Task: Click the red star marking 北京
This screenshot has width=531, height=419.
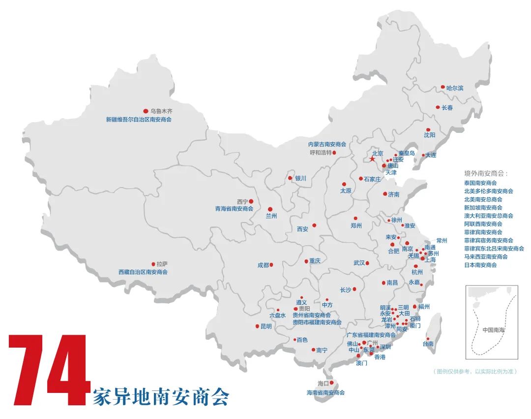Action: point(372,159)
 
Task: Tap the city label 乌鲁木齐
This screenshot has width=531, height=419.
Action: point(161,111)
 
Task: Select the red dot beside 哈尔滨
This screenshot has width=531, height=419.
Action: point(442,87)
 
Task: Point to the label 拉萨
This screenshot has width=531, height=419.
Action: point(162,264)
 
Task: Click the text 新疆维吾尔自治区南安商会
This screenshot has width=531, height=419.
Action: point(139,119)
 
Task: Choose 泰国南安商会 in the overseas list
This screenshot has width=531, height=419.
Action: point(480,183)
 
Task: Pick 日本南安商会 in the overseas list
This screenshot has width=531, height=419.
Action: point(480,265)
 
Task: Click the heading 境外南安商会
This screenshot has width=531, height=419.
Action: point(486,173)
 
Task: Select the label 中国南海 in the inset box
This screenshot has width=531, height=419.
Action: point(494,329)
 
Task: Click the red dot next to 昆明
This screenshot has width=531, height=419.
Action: point(257,326)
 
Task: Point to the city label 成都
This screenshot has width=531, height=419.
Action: point(263,265)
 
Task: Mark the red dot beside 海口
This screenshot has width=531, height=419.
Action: point(332,383)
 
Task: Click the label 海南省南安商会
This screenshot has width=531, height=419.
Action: point(325,392)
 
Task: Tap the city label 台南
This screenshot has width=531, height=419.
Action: point(428,344)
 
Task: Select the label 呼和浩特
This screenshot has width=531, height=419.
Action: point(321,153)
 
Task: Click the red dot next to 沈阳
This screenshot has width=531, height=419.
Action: point(428,129)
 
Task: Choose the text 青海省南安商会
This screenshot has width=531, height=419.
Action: point(234,209)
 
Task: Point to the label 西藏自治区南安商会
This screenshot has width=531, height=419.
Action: point(143,272)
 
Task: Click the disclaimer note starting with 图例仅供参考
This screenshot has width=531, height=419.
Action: point(474,371)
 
